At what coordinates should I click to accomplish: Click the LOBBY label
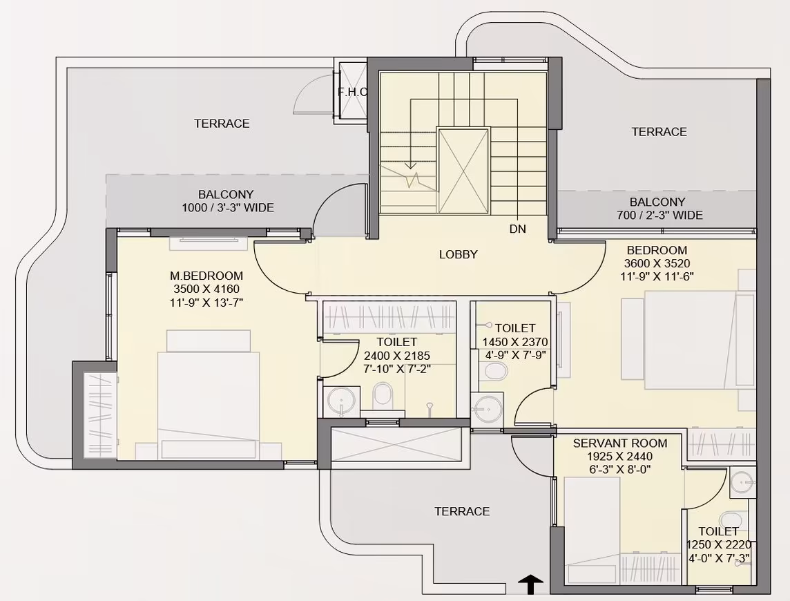[x=458, y=255]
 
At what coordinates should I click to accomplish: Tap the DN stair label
[x=517, y=229]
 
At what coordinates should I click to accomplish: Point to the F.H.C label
[x=352, y=93]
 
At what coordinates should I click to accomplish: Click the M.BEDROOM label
[x=206, y=276]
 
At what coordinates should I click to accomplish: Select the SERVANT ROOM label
[x=619, y=443]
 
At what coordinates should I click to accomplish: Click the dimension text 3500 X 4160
[x=206, y=289]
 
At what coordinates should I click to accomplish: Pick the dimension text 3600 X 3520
[x=657, y=263]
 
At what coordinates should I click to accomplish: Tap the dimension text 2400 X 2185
[x=397, y=356]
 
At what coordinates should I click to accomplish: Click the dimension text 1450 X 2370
[x=515, y=343]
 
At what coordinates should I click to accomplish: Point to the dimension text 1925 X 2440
[x=619, y=457]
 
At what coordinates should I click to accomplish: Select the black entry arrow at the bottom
[x=532, y=585]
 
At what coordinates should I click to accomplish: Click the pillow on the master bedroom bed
[x=209, y=341]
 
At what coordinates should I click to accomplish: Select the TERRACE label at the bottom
[x=462, y=511]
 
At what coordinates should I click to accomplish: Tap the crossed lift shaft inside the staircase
[x=463, y=171]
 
